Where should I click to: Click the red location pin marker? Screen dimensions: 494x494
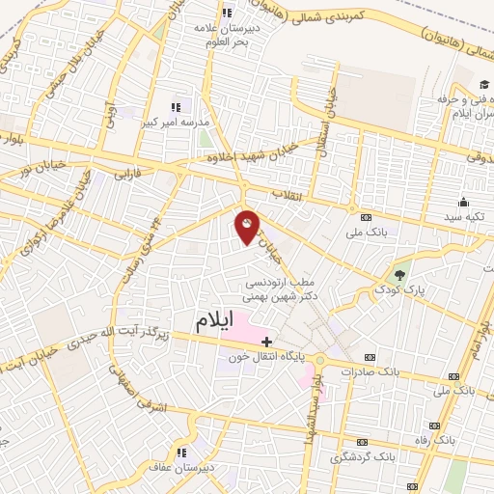[248, 228]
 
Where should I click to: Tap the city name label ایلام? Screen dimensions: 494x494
[213, 322]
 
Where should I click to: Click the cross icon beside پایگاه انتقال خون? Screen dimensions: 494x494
[266, 341]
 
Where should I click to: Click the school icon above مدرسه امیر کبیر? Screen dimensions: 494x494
[175, 107]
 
